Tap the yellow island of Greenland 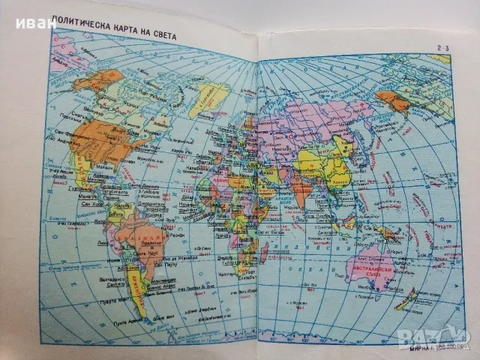pos(209,97)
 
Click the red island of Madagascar pos(264,250)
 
